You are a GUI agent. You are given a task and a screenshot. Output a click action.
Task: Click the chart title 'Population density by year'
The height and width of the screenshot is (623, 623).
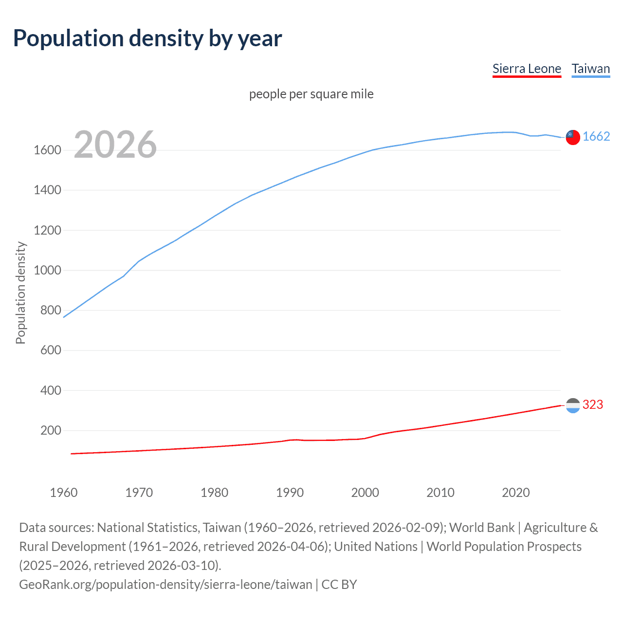tap(147, 38)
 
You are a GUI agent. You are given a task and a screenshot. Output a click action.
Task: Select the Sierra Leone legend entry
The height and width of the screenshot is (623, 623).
tap(527, 69)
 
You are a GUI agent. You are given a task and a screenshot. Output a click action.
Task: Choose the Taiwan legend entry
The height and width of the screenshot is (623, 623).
tap(590, 69)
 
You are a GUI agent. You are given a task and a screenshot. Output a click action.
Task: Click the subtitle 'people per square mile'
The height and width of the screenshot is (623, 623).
tap(311, 94)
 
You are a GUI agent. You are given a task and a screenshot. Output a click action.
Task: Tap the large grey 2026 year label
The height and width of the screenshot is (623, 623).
tap(115, 145)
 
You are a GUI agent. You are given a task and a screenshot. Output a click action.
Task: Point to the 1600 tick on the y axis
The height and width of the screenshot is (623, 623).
tap(47, 150)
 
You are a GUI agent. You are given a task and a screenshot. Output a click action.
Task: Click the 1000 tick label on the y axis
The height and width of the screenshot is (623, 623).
tap(47, 270)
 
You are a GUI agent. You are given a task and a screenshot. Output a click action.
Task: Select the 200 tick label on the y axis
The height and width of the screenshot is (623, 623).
tap(51, 431)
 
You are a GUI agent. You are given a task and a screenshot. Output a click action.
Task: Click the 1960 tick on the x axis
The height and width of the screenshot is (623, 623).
tap(64, 493)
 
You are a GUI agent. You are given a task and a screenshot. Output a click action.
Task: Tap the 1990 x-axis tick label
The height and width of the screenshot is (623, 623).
tap(290, 493)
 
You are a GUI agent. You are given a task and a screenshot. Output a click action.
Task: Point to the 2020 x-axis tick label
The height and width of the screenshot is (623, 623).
tap(515, 493)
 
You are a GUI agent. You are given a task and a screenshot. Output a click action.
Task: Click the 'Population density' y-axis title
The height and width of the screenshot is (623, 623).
tap(20, 293)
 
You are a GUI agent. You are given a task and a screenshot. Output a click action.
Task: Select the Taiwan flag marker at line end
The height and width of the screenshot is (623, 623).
tap(573, 137)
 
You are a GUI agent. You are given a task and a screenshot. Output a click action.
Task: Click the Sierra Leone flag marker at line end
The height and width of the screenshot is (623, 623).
tap(573, 405)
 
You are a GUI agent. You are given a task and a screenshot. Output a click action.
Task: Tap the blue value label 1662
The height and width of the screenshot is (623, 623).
tap(596, 137)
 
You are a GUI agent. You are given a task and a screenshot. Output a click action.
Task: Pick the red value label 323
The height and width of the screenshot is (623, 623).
tap(593, 405)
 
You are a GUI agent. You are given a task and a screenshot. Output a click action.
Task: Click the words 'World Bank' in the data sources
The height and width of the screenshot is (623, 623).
tap(482, 528)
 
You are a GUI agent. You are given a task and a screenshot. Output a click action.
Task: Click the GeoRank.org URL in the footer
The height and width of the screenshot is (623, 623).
tap(165, 585)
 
